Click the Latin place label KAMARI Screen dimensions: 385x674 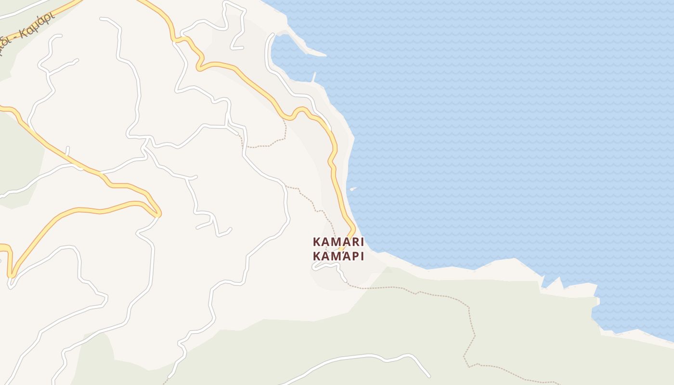(338, 242)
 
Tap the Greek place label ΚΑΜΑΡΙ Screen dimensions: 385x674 (338, 256)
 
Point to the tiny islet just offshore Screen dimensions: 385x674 (353, 189)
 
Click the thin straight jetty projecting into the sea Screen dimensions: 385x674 (314, 77)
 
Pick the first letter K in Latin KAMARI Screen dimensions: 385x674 (317, 242)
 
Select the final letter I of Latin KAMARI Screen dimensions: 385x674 (362, 242)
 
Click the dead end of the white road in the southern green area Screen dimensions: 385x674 (429, 376)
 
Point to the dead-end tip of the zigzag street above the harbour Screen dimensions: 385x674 (233, 48)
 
